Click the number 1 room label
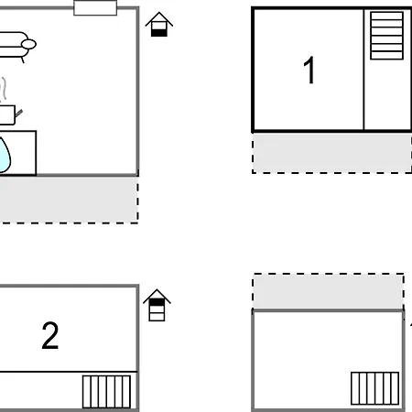309,70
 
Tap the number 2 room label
50,335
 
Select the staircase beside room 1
386,36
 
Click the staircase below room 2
106,392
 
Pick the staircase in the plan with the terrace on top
374,388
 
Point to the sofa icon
16,47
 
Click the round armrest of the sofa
28,44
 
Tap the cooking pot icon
9,114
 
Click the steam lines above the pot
3,89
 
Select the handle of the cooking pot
18,114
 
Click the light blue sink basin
5,155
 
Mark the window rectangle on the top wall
95,7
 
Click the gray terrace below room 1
332,153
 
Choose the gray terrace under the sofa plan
69,200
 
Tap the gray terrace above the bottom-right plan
328,291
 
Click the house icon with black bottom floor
159,25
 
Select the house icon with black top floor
157,305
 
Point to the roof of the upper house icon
159,19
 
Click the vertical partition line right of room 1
363,70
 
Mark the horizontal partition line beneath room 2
69,372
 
